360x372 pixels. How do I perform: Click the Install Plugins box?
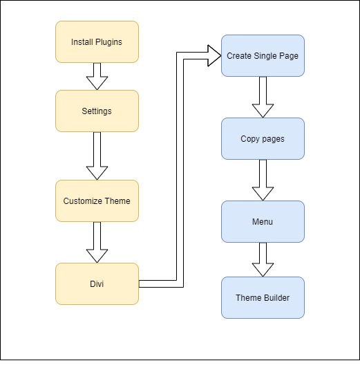point(97,41)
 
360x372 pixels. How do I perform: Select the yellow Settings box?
point(97,111)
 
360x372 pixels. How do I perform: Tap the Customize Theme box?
point(97,201)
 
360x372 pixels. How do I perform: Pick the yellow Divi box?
point(97,283)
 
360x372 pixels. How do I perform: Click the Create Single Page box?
point(263,55)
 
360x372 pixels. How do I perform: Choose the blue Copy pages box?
point(263,138)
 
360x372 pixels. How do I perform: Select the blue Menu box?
point(263,221)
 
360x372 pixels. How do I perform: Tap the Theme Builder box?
point(263,297)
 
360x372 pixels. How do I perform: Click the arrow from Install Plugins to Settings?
point(97,76)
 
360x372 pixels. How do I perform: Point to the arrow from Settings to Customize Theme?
point(97,156)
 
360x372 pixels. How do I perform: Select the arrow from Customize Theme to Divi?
point(97,242)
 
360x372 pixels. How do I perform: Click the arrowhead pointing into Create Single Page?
point(213,55)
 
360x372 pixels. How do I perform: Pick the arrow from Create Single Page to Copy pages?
point(263,97)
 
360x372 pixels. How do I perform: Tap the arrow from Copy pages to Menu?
point(263,180)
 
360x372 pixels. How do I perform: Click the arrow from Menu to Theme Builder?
point(263,259)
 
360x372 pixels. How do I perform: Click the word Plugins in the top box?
point(108,42)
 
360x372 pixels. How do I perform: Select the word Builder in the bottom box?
point(276,298)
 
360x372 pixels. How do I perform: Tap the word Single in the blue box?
point(267,56)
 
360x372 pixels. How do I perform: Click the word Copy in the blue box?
point(250,139)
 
